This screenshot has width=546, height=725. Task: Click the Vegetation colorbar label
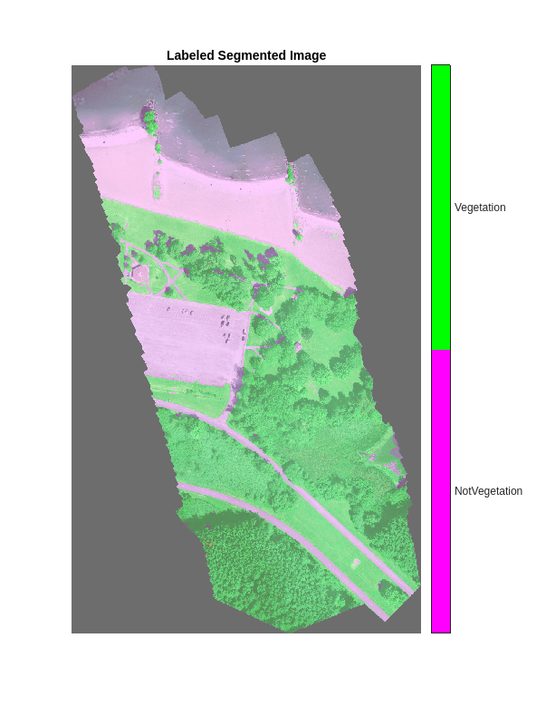coord(480,208)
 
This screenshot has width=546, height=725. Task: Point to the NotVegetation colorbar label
coord(488,491)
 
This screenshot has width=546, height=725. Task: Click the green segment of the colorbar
coord(441,207)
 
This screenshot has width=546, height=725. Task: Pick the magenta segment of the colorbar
coord(441,491)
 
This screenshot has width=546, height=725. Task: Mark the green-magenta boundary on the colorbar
coord(441,350)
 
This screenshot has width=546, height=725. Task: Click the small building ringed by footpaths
coord(140,272)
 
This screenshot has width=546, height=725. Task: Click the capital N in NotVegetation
coord(458,491)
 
